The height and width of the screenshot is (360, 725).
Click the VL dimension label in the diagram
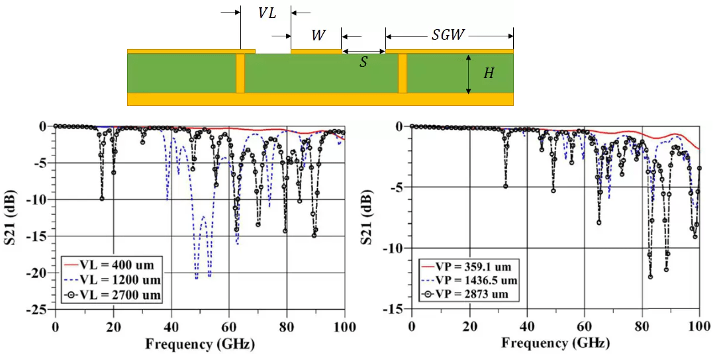(x=267, y=13)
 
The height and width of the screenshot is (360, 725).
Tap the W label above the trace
(x=318, y=36)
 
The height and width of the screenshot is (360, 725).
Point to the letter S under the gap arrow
(x=363, y=63)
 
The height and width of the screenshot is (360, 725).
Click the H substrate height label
(x=489, y=73)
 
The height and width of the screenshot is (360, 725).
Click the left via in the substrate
(x=240, y=73)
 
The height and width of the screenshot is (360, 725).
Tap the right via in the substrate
(x=403, y=73)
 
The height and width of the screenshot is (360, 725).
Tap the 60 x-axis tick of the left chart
(x=229, y=328)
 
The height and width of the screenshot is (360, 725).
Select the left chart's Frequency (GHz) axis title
(x=199, y=344)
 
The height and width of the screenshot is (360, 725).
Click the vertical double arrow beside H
(x=468, y=73)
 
